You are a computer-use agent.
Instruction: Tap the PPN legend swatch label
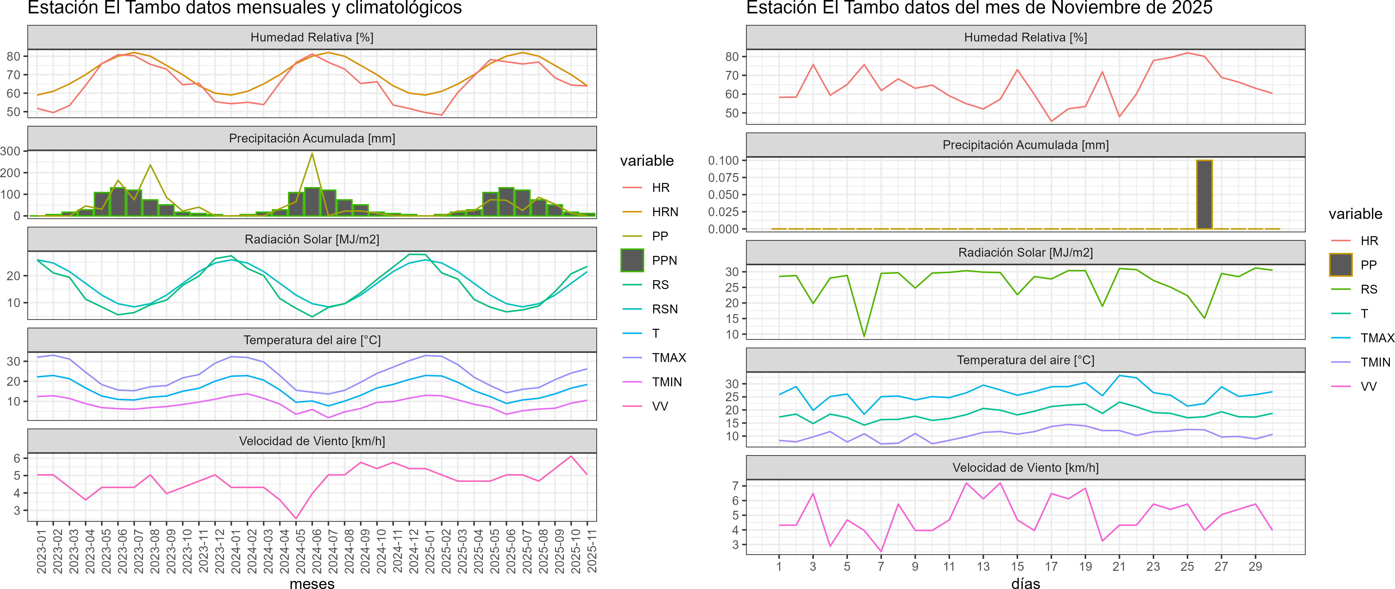pos(664,260)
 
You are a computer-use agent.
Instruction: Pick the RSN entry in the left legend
pos(664,309)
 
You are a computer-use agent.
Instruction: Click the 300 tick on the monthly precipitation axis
pos(11,151)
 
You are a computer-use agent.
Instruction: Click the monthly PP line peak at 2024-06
pos(312,154)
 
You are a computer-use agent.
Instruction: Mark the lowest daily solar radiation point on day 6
pos(864,336)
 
